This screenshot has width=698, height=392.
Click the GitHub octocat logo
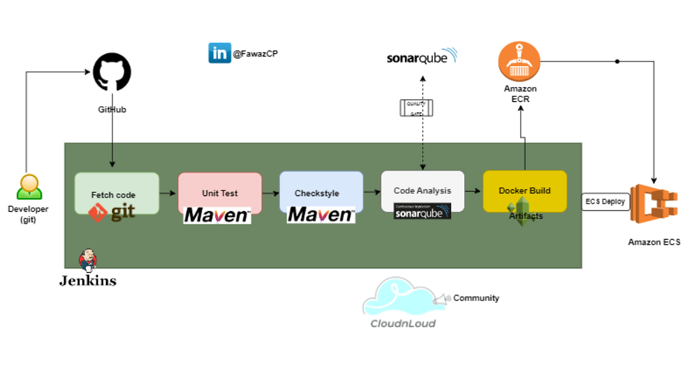click(112, 72)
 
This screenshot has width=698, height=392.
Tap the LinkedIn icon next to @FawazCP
click(220, 53)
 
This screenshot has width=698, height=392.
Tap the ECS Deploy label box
click(606, 202)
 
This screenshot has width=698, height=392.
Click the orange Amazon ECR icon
click(519, 62)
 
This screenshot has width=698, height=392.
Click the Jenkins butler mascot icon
click(88, 261)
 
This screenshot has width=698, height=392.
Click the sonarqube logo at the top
click(422, 57)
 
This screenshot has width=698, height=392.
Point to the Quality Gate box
click(416, 108)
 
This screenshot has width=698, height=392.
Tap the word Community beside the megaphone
click(476, 298)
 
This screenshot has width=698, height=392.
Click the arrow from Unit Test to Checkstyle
click(270, 193)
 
